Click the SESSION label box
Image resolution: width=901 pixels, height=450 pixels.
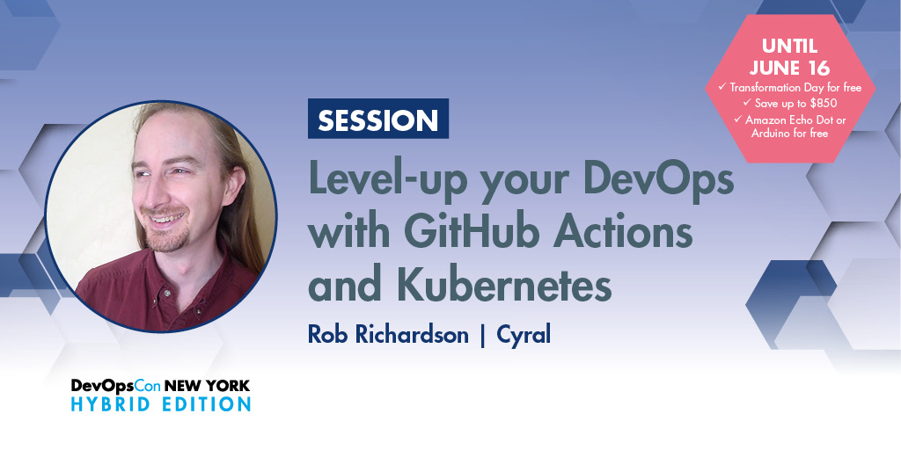click(x=377, y=120)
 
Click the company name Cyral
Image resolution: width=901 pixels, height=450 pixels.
click(x=524, y=335)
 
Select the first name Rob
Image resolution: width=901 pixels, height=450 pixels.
click(x=328, y=335)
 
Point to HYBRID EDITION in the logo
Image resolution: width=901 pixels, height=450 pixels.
click(x=161, y=404)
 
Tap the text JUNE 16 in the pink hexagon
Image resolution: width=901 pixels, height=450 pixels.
click(x=790, y=67)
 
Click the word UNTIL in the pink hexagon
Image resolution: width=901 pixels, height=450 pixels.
click(x=790, y=46)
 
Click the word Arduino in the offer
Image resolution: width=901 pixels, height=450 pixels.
click(x=773, y=133)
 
